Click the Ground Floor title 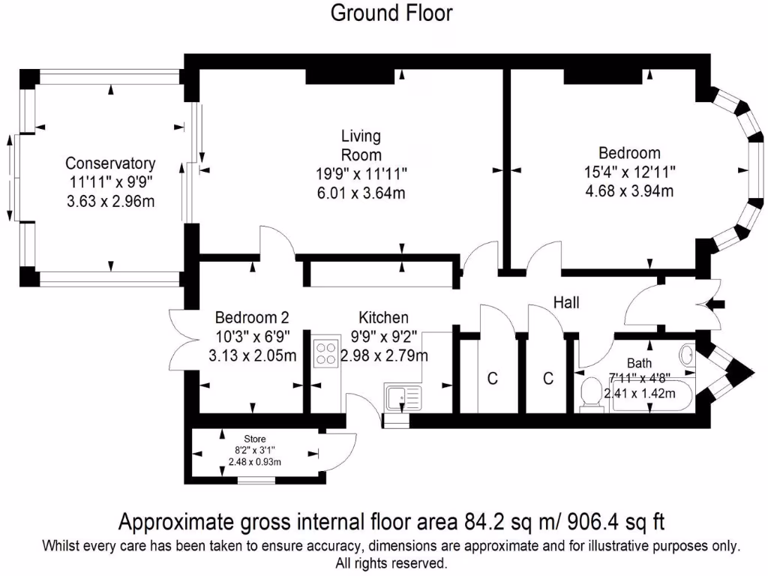391,13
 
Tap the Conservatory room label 110,163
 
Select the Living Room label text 361,145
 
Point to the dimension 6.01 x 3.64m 361,193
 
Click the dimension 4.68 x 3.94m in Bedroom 628,190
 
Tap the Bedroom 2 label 251,317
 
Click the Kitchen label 383,317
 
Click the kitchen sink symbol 403,397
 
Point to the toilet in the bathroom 592,394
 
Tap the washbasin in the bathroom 688,353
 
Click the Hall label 566,302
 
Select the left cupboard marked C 493,379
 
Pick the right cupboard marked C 548,379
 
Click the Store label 255,439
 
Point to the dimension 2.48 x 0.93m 255,461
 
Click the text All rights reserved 391,562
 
